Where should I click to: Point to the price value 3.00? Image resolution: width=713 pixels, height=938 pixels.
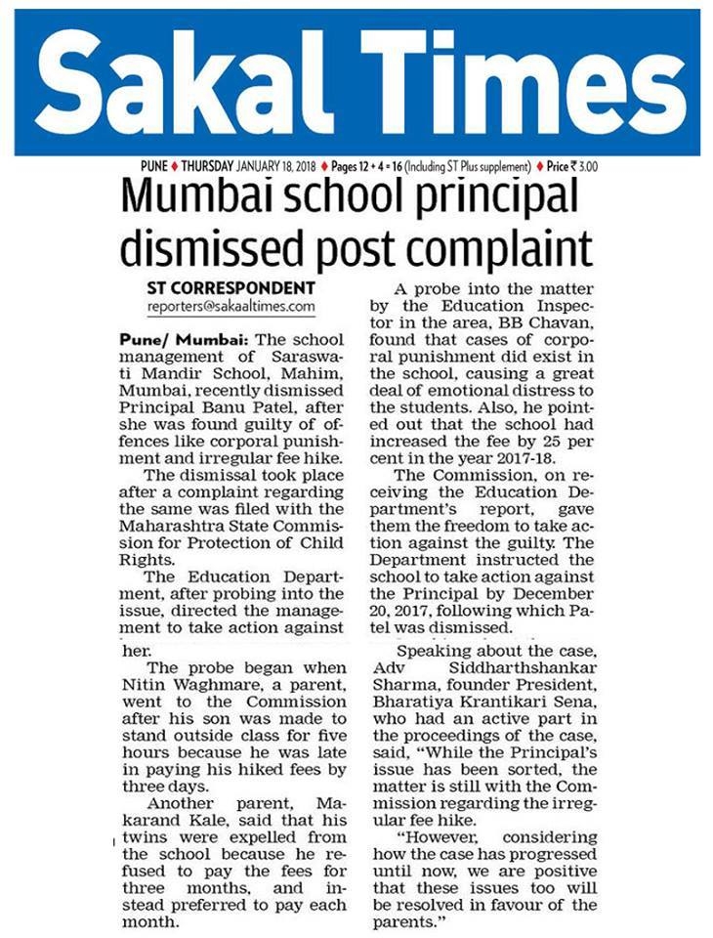coord(587,166)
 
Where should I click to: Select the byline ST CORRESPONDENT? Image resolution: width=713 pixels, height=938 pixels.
coord(231,288)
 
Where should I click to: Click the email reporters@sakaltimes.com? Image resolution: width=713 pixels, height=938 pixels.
coord(231,306)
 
